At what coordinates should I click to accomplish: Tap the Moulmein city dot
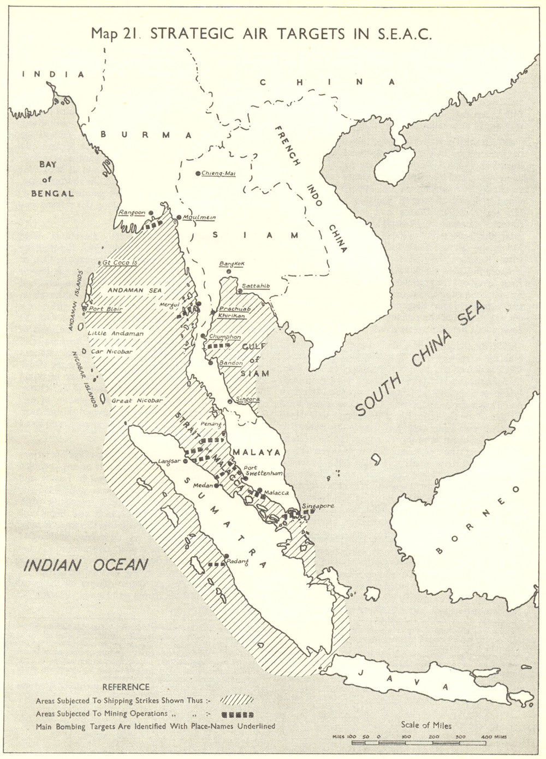[179, 217]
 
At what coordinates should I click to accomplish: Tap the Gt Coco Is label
[120, 262]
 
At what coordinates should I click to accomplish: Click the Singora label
[247, 399]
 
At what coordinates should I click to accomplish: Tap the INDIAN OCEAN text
[85, 564]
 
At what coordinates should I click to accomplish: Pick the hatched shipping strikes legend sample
[238, 700]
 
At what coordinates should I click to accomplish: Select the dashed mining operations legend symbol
[238, 714]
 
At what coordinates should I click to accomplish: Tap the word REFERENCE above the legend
[125, 687]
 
